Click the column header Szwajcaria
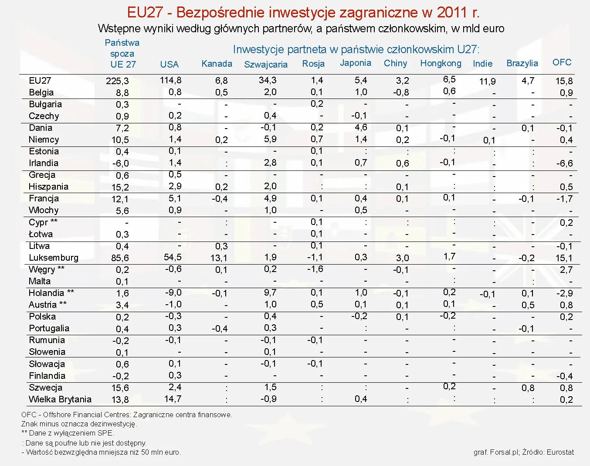[266, 65]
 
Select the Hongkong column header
[441, 63]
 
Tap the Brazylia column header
[522, 63]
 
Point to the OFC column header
[562, 62]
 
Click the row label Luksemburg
[54, 258]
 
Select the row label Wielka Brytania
[60, 399]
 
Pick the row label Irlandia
[44, 163]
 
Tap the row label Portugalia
[49, 328]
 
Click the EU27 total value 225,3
[117, 81]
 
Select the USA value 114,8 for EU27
[171, 80]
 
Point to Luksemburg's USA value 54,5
[173, 257]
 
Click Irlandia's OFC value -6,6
[564, 163]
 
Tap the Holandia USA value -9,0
[173, 293]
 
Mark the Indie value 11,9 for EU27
[487, 82]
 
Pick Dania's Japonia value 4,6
[361, 127]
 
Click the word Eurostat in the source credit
[560, 452]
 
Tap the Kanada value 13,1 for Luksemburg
[219, 258]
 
